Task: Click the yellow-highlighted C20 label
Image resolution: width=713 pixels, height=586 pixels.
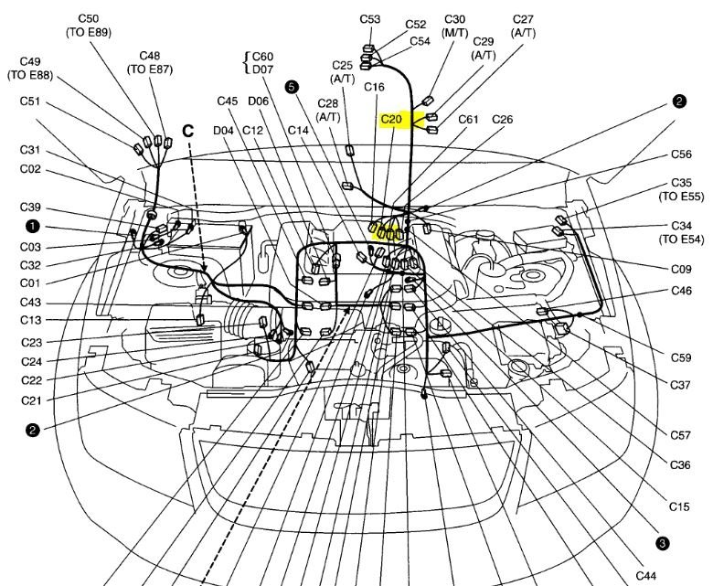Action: pyautogui.click(x=392, y=120)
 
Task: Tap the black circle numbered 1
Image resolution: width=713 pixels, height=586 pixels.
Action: pyautogui.click(x=32, y=225)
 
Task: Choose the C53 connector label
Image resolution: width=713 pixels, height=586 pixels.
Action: pyautogui.click(x=370, y=19)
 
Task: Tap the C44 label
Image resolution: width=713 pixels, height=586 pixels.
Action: pyautogui.click(x=646, y=575)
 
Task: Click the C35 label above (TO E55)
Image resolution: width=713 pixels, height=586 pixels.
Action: pyautogui.click(x=681, y=183)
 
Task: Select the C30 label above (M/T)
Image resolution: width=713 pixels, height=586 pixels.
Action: pyautogui.click(x=455, y=19)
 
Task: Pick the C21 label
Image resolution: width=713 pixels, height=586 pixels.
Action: pyautogui.click(x=31, y=400)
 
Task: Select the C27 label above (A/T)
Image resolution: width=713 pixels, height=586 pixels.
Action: pyautogui.click(x=524, y=19)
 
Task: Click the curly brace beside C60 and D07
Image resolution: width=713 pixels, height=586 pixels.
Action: pyautogui.click(x=244, y=61)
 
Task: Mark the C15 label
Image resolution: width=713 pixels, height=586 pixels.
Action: pyautogui.click(x=679, y=506)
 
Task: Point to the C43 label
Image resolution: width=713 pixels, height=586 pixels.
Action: pyautogui.click(x=31, y=303)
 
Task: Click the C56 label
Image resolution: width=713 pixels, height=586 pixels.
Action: pyautogui.click(x=681, y=154)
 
